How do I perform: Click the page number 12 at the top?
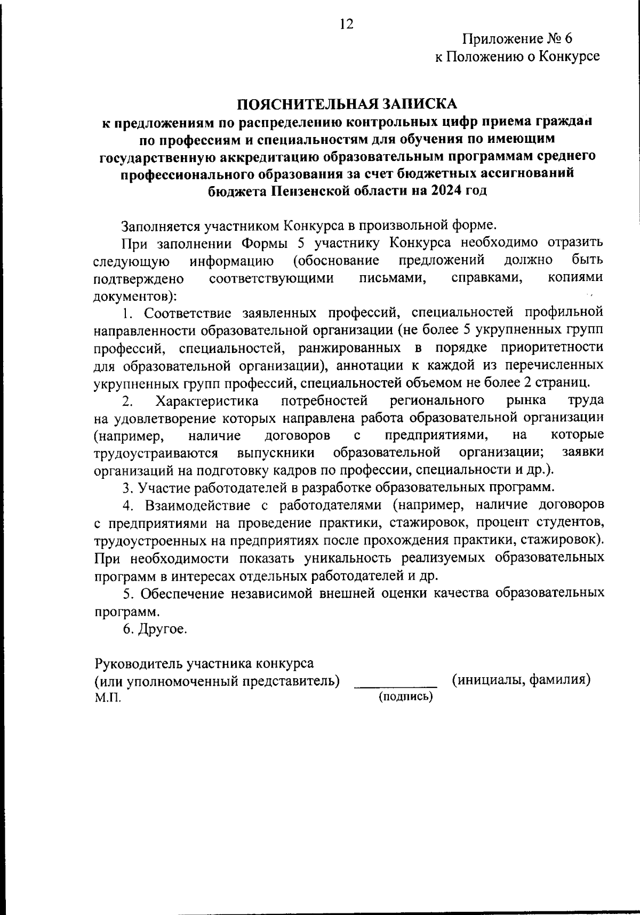click(346, 24)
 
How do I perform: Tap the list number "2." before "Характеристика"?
click(127, 400)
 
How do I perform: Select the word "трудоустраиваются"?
click(156, 453)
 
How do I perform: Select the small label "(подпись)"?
click(405, 696)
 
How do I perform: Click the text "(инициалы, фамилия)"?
click(521, 680)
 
